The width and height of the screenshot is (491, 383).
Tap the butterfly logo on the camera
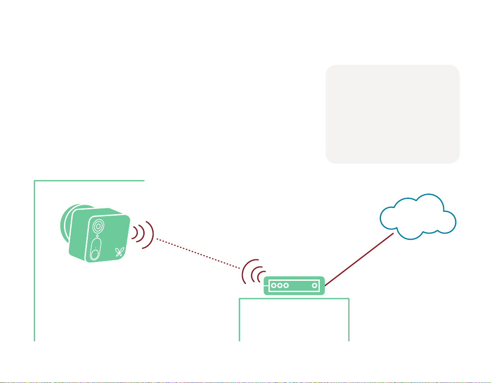(119, 252)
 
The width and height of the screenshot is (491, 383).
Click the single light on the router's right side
(314, 285)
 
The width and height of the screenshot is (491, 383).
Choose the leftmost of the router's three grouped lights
(273, 285)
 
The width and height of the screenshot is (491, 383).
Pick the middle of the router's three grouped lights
(279, 285)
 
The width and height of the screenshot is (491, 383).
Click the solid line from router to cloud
(360, 259)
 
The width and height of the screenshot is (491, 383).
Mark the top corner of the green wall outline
(35, 181)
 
